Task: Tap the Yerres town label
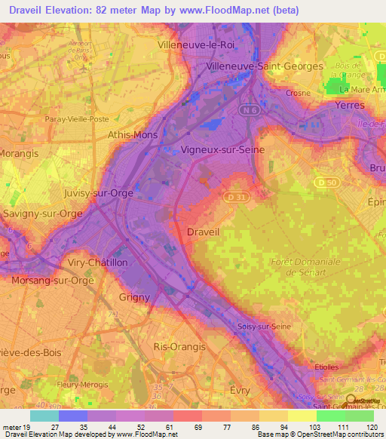tap(350, 106)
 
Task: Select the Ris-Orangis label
tap(179, 346)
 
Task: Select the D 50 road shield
tap(326, 182)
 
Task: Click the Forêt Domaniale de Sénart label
tap(305, 267)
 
